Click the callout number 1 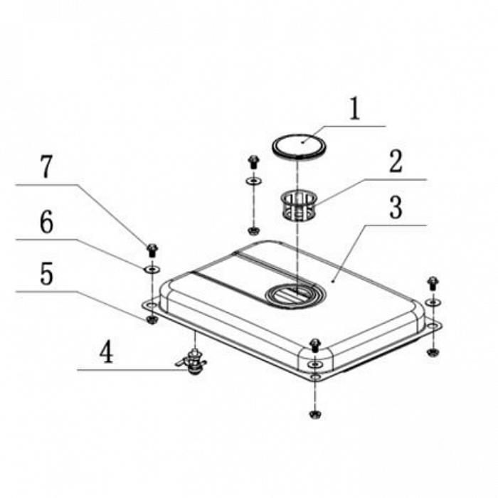(x=355, y=109)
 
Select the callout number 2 (x=396, y=161)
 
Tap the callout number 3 (x=396, y=208)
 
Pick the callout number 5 (x=47, y=273)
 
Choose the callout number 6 (x=46, y=222)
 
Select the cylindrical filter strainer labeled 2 (x=300, y=205)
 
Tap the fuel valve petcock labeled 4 (x=192, y=361)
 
